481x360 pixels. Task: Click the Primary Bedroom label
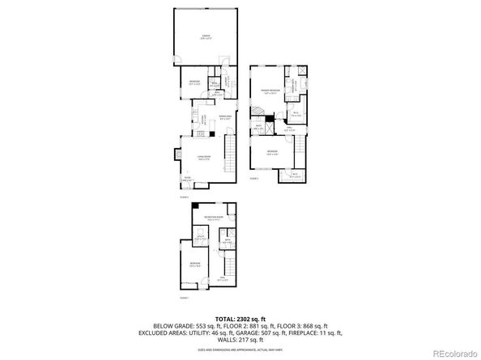(x=270, y=91)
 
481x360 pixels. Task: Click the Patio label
(x=186, y=178)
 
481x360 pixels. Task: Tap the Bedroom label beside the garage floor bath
(x=195, y=82)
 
